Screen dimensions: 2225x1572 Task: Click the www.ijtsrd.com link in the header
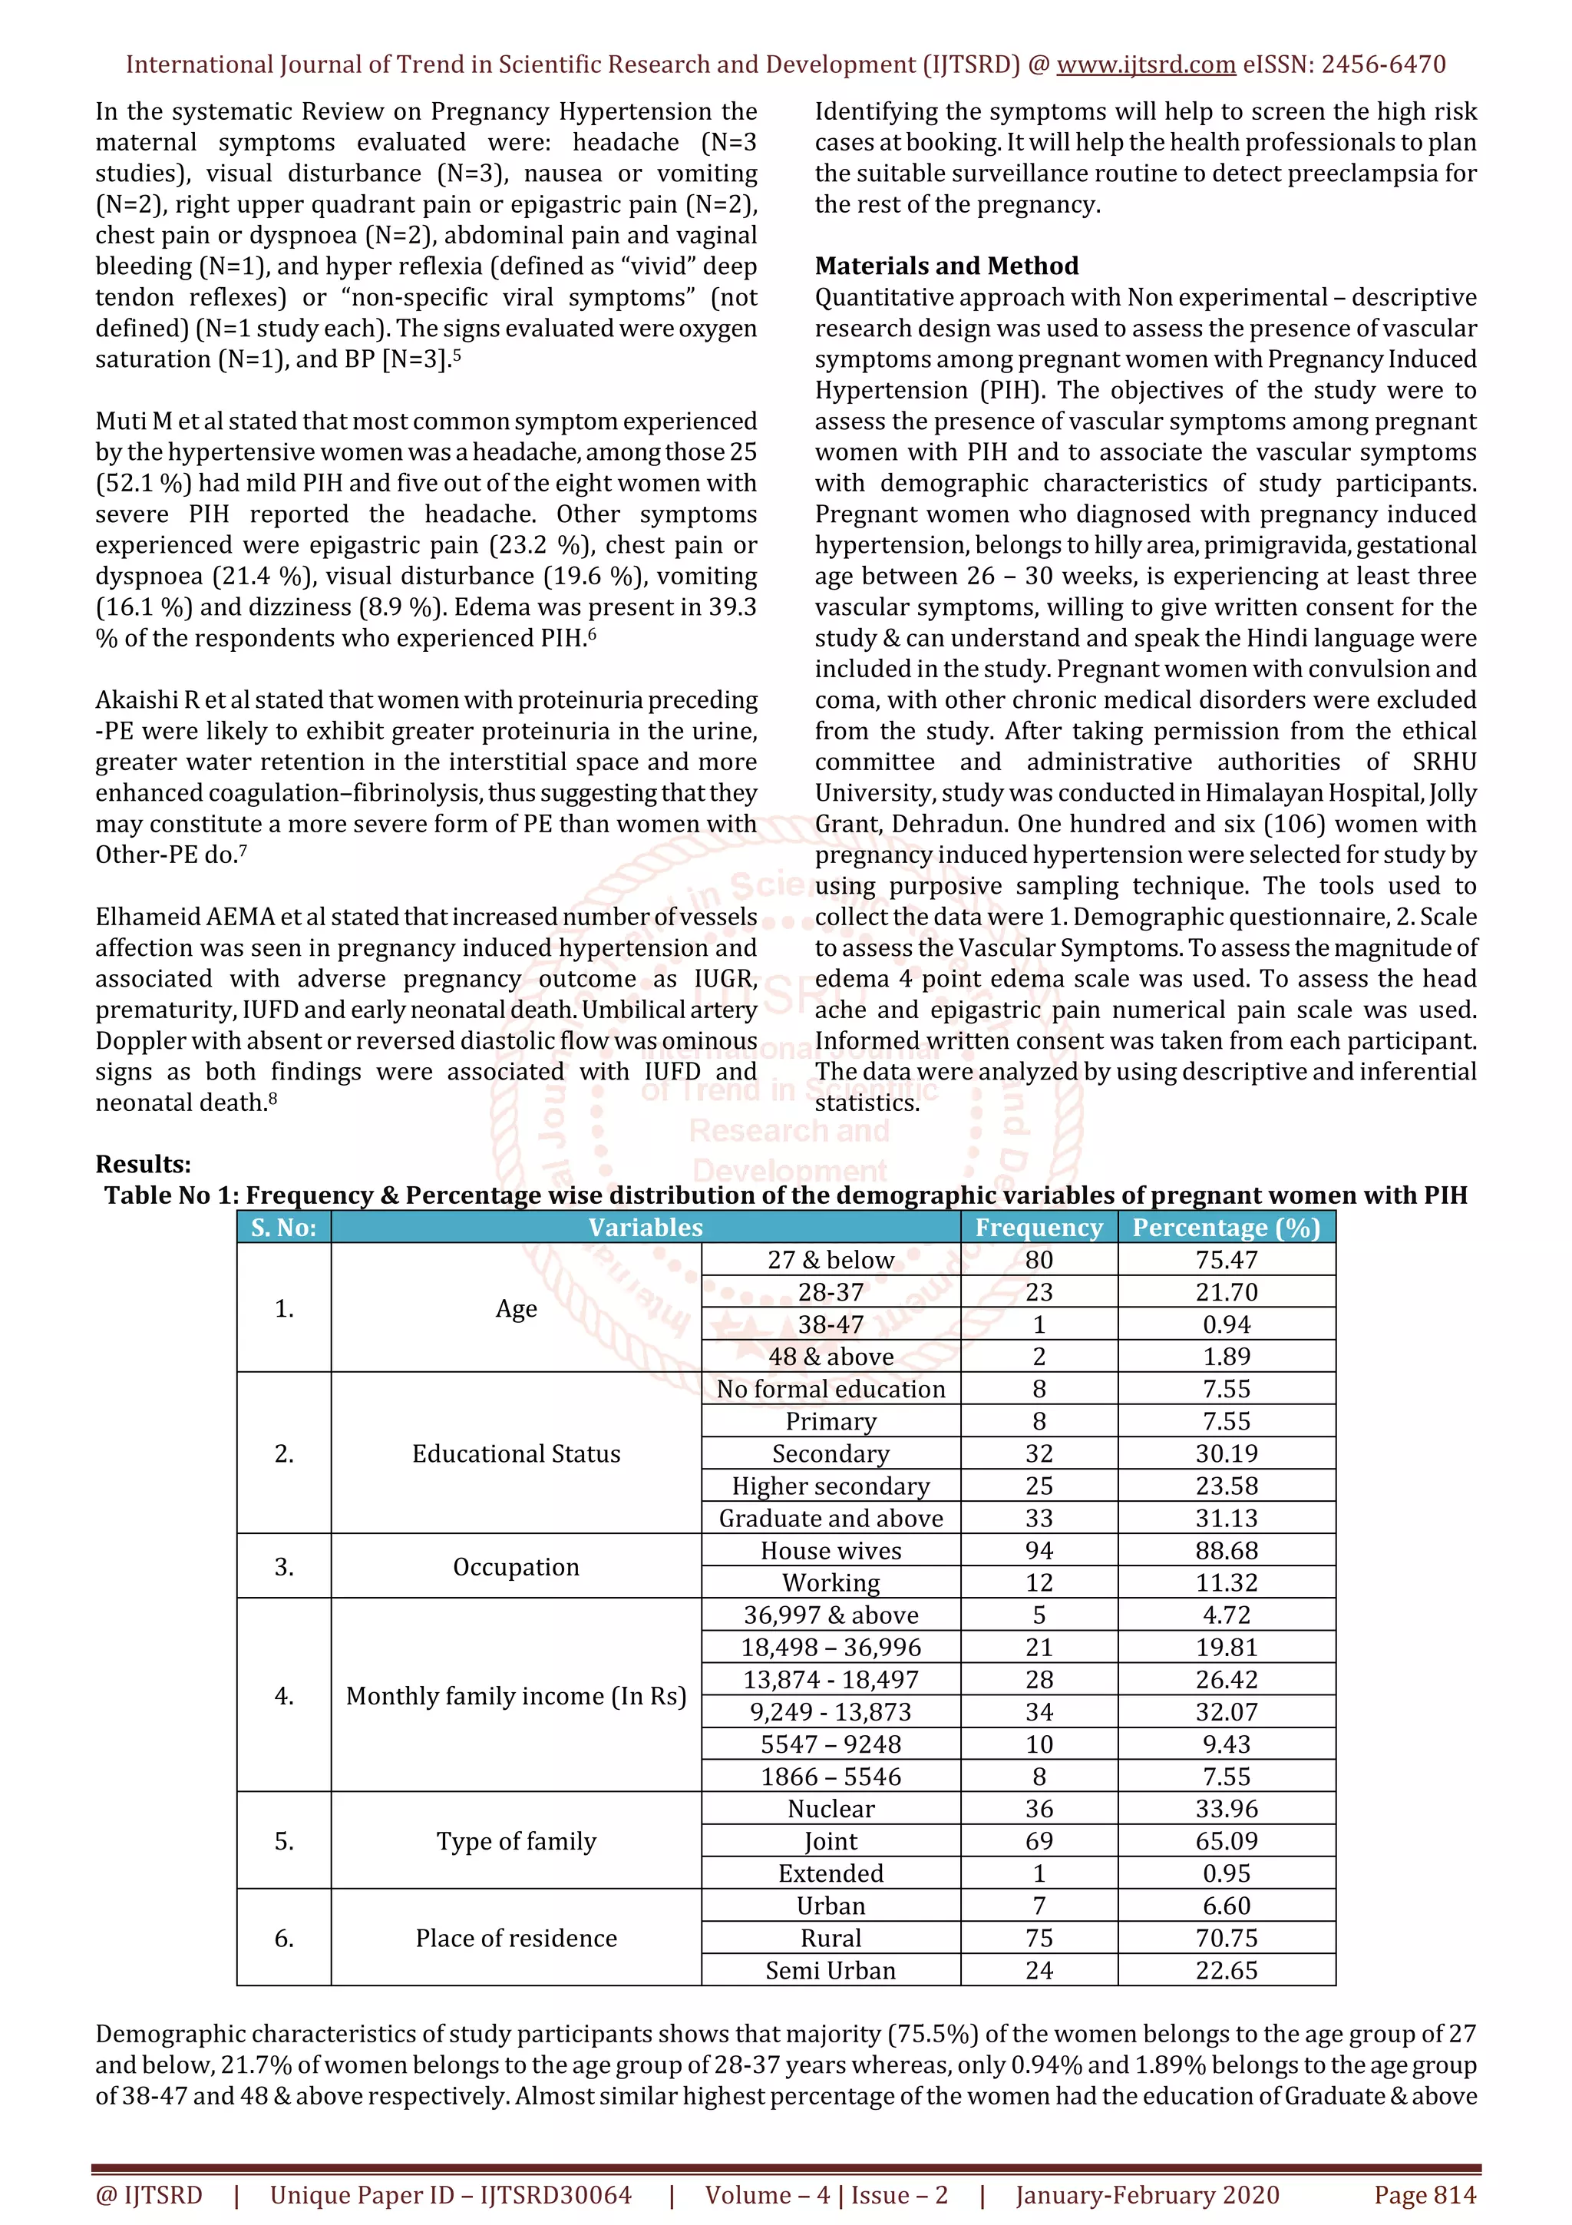1145,65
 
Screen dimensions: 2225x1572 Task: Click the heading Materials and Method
946,266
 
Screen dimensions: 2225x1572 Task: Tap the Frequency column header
1039,1228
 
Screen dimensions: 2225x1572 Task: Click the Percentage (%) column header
1227,1228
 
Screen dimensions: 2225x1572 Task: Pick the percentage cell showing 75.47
1227,1260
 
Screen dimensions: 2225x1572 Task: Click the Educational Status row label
517,1453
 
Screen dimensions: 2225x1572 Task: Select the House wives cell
831,1551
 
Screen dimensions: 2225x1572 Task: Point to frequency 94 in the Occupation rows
1039,1551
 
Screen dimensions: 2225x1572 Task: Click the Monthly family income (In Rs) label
517,1696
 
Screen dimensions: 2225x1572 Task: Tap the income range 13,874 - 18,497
831,1679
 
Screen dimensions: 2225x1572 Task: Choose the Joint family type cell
831,1841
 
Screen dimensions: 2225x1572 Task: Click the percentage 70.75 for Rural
1227,1938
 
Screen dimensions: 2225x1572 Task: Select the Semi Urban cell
831,1970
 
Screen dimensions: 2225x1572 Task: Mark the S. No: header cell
284,1228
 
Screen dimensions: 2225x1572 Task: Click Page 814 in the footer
1425,2195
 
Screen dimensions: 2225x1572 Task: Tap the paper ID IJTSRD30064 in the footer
555,2195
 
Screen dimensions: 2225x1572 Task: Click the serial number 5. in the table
284,1841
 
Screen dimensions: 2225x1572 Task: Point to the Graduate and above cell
831,1519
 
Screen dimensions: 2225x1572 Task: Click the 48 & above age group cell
831,1357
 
